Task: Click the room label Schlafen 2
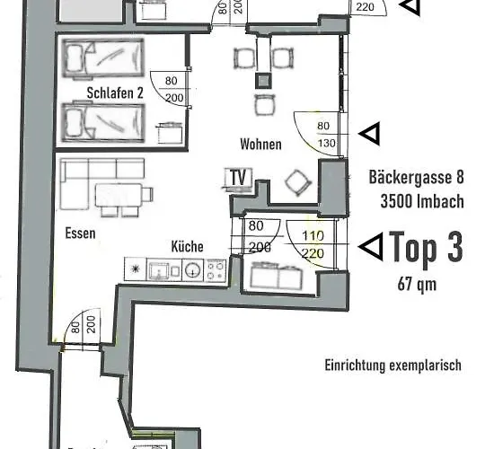point(117,92)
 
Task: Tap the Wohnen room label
point(260,144)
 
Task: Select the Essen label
point(80,232)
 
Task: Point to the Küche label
point(187,246)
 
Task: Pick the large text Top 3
point(426,249)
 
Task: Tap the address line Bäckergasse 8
point(416,178)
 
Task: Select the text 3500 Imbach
point(416,201)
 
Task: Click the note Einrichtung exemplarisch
point(393,365)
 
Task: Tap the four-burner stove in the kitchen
point(216,268)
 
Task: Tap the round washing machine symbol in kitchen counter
point(192,268)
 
